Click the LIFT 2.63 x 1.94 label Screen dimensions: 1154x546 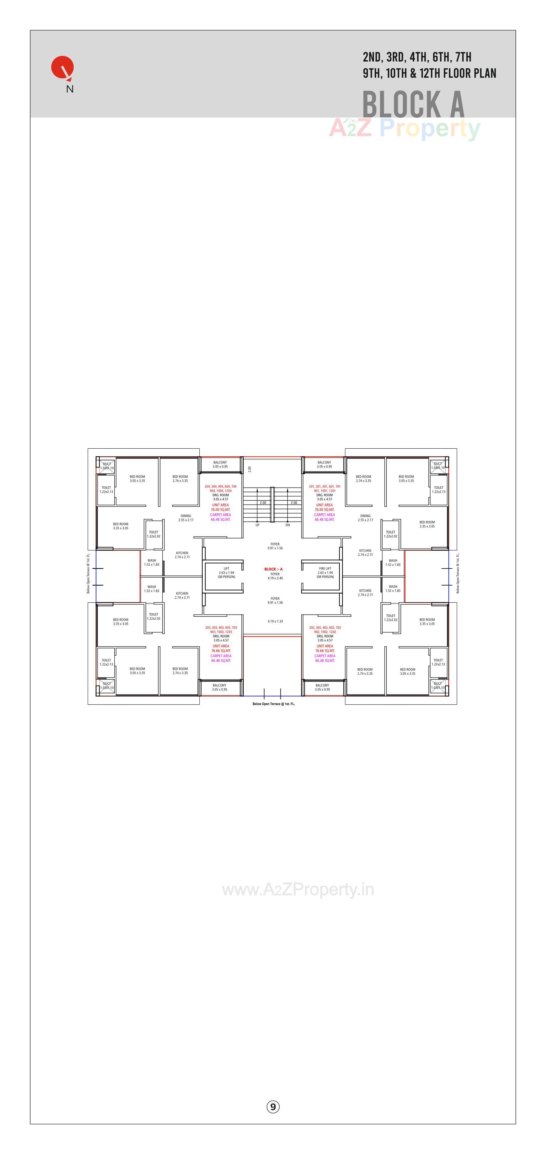226,573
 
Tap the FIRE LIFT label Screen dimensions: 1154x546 325,568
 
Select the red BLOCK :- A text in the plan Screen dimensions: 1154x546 273,569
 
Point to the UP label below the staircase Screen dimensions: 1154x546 257,525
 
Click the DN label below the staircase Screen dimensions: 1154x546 287,525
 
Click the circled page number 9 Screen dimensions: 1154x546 273,1107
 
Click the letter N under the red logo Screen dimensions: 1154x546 70,89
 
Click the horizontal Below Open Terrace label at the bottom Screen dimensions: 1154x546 273,704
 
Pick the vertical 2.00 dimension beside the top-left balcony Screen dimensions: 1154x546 250,469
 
